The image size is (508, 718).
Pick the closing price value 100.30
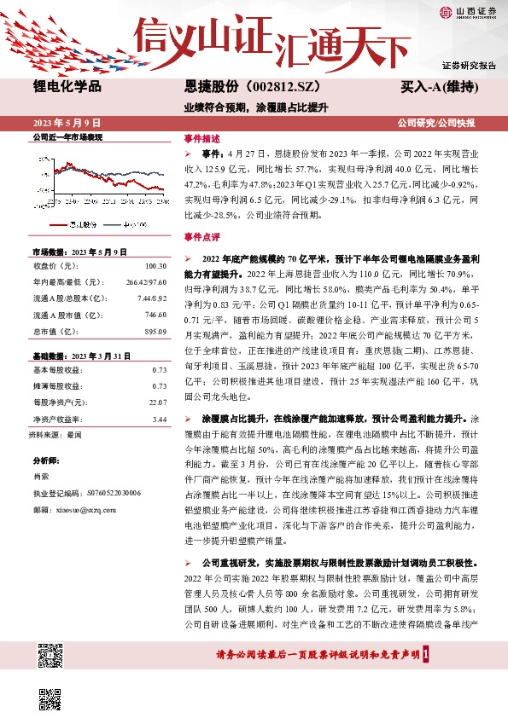point(155,266)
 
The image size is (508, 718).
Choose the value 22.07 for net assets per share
point(156,402)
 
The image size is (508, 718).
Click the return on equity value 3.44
point(159,419)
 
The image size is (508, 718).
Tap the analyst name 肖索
point(41,476)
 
